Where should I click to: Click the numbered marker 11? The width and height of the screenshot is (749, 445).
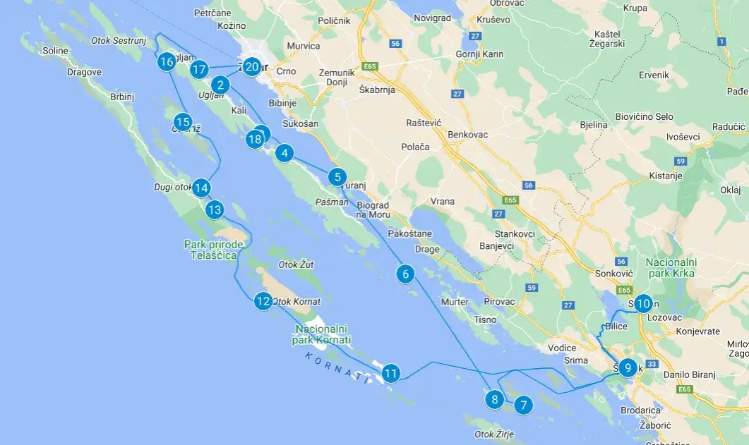[x=391, y=373]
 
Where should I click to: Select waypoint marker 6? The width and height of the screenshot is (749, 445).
[x=405, y=274]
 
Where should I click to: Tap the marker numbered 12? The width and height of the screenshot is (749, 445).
[x=263, y=301]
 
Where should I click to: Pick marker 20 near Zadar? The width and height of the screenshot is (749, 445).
[x=252, y=68]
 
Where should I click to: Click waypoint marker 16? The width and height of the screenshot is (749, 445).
[x=167, y=62]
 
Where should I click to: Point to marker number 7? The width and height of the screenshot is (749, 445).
[x=522, y=405]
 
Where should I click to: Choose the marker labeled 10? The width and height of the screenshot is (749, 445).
[x=642, y=304]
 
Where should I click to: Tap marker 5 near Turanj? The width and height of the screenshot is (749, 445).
[x=337, y=177]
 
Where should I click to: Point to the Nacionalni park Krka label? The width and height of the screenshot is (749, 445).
[x=670, y=267]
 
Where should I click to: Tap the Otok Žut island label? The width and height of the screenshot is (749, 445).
[x=296, y=264]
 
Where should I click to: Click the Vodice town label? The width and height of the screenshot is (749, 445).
[x=562, y=348]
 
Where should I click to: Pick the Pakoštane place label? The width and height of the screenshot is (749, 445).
[x=410, y=233]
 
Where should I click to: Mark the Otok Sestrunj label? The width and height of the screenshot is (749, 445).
[x=119, y=40]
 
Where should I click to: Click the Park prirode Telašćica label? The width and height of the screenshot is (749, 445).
[x=213, y=250]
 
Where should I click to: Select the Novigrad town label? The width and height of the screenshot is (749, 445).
[x=432, y=18]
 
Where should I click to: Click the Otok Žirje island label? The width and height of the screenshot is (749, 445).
[x=494, y=434]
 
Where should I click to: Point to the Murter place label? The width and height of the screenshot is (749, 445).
[x=455, y=302]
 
